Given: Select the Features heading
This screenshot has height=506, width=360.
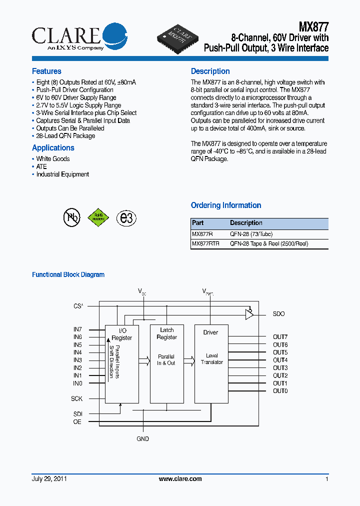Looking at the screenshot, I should click(x=46, y=71).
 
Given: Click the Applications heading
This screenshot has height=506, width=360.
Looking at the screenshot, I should click(x=53, y=148).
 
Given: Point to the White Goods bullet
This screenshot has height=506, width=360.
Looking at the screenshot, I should click(x=52, y=159).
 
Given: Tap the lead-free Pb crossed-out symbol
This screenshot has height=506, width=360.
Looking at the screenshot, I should click(x=71, y=217).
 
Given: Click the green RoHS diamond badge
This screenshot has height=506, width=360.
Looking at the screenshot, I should click(x=98, y=217).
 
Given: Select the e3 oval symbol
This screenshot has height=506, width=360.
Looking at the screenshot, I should click(x=126, y=217).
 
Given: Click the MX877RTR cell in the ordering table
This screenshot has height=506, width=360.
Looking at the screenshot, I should click(x=205, y=244).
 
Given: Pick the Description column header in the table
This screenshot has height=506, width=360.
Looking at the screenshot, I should click(x=246, y=223).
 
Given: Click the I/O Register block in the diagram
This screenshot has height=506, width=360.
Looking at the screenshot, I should click(x=121, y=363).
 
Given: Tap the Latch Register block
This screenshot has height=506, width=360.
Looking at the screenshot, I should click(x=166, y=363).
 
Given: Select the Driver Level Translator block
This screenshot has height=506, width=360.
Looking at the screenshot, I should click(x=211, y=363).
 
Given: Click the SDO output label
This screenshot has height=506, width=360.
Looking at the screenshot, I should click(x=278, y=314).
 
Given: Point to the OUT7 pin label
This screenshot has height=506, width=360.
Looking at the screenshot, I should click(x=280, y=337).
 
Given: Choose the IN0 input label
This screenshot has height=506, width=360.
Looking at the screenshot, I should click(x=77, y=383).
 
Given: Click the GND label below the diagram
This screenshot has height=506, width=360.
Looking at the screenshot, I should click(x=143, y=439).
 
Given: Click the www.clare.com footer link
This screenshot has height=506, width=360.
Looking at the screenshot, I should click(x=180, y=479).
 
